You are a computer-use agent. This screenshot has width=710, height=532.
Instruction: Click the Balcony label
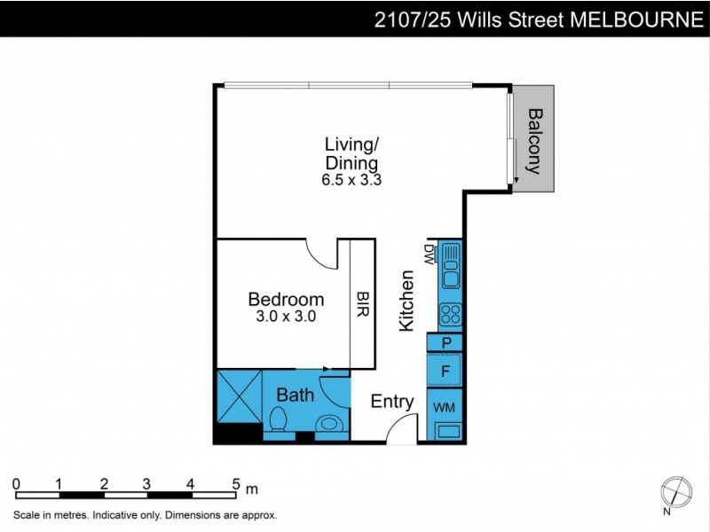[x=534, y=139]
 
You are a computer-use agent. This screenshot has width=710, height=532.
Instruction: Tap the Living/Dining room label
[x=351, y=153]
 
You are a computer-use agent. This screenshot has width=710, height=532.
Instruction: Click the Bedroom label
[x=286, y=299]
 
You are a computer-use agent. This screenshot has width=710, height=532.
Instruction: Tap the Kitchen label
[x=406, y=301]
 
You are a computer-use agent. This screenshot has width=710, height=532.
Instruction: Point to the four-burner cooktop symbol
[x=450, y=314]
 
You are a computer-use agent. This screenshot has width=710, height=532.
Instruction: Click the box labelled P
[x=446, y=343]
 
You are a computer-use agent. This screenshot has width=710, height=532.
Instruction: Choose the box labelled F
[x=446, y=371]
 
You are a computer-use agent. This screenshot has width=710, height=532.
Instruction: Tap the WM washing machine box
[x=445, y=407]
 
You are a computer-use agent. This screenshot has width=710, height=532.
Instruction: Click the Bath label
[x=295, y=395]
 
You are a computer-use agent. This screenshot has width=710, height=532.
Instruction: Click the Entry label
[x=392, y=402]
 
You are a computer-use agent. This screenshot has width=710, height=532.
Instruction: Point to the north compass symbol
[x=675, y=491]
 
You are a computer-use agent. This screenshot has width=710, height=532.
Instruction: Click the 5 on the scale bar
[x=236, y=483]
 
